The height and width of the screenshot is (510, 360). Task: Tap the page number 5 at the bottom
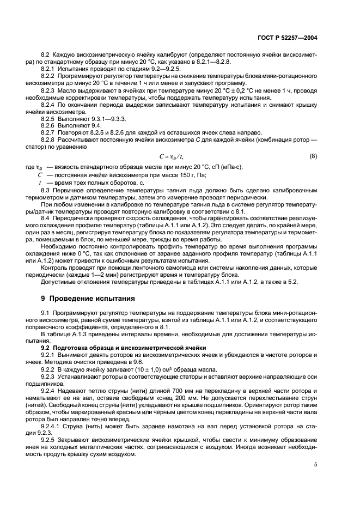pyautogui.click(x=316, y=465)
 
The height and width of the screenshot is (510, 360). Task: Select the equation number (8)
pyautogui.click(x=313, y=156)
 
